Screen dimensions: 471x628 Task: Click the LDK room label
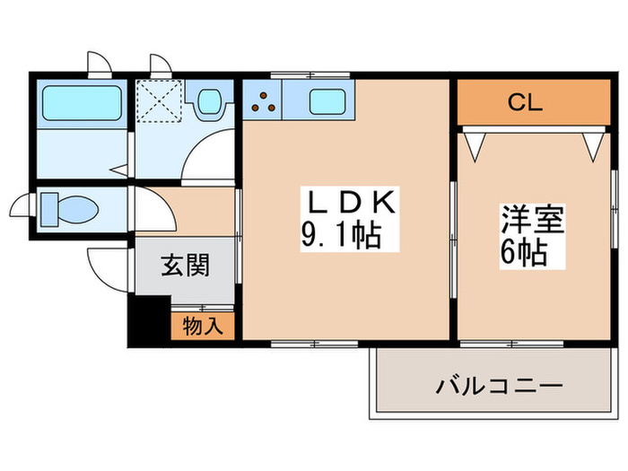pos(346,202)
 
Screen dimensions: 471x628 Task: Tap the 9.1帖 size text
pos(341,236)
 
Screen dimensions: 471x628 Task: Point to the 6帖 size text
pos(524,253)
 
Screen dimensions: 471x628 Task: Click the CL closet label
pos(526,102)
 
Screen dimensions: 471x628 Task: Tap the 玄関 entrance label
pos(186,266)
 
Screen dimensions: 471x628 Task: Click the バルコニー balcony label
pos(499,388)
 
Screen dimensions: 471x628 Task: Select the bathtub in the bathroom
pos(82,103)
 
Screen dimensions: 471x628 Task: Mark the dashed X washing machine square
pos(161,101)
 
